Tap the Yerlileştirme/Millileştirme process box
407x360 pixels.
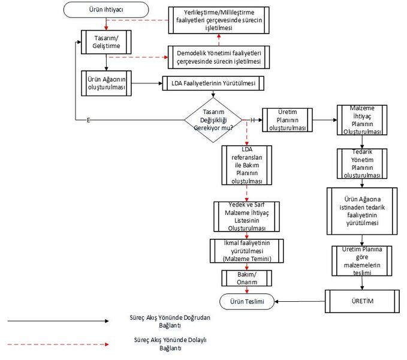[219, 20]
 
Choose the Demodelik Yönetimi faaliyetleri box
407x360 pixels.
[219, 57]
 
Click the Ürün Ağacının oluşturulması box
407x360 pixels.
[105, 83]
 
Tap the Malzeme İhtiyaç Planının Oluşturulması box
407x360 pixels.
[359, 119]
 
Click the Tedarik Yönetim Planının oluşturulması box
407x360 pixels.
[359, 164]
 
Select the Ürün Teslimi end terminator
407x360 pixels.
[246, 300]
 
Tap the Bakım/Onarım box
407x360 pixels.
[246, 278]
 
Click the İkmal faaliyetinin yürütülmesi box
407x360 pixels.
[246, 250]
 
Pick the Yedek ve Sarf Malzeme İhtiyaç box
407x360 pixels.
[246, 217]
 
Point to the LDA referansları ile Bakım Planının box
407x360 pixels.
[246, 166]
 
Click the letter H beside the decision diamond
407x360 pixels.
[253, 120]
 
